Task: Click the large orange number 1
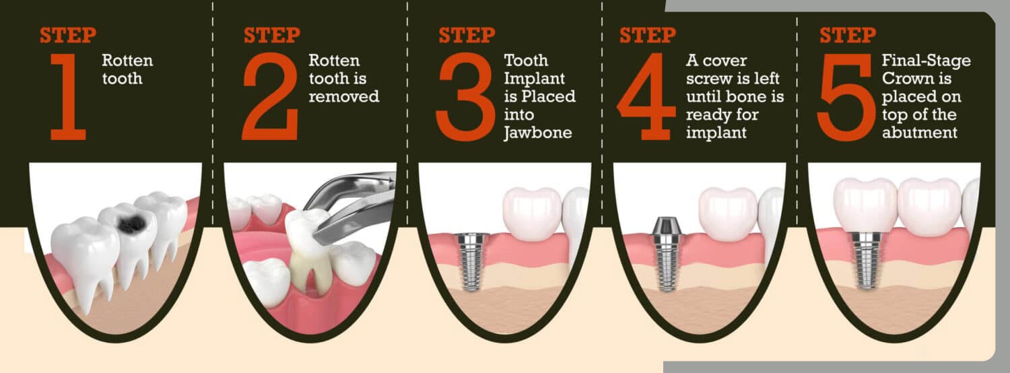click(x=68, y=96)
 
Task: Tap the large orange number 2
click(x=270, y=96)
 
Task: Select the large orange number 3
click(x=465, y=96)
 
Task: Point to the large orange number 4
click(x=647, y=96)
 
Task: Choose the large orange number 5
click(x=846, y=96)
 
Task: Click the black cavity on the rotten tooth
click(x=131, y=223)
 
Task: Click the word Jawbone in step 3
click(x=538, y=133)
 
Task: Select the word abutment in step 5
click(x=919, y=133)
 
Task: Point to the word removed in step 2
click(x=344, y=96)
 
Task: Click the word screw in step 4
click(x=709, y=79)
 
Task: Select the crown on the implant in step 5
click(x=865, y=205)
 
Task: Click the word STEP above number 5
click(x=848, y=35)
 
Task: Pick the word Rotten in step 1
click(x=127, y=61)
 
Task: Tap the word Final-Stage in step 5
click(x=926, y=61)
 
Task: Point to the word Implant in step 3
click(x=535, y=79)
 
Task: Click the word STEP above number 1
click(x=68, y=35)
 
